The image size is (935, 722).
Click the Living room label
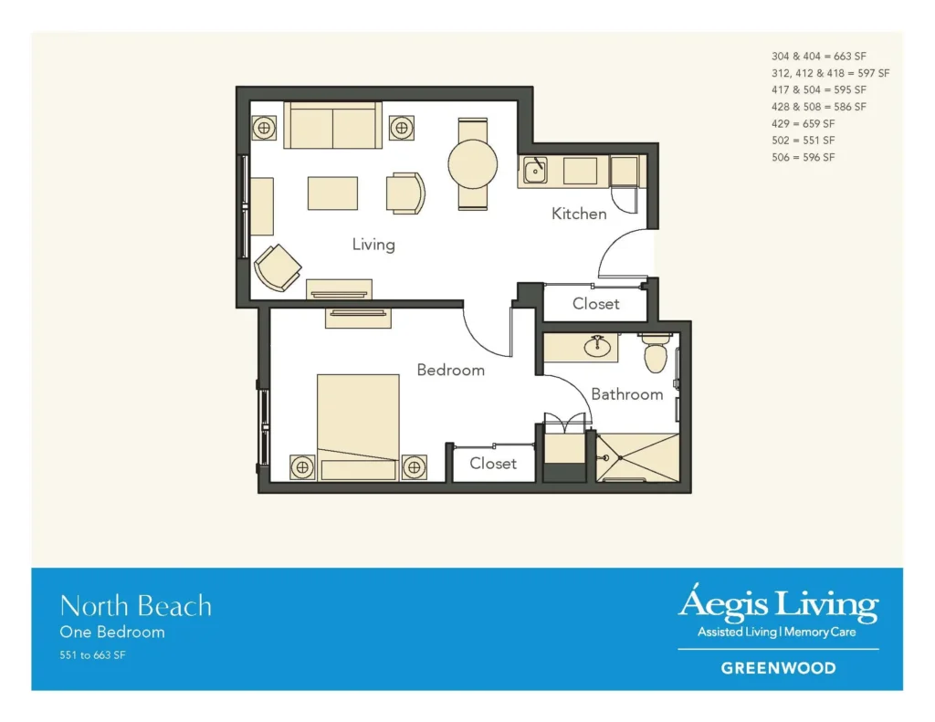(x=373, y=245)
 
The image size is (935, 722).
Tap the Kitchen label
(x=579, y=214)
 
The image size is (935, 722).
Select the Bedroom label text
(x=450, y=370)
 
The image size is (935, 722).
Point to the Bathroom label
(x=626, y=394)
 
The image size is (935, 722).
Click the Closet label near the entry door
(x=595, y=304)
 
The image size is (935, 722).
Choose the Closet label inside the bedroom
(x=493, y=464)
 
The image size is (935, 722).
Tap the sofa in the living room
(x=332, y=126)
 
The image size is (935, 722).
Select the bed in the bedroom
(x=358, y=425)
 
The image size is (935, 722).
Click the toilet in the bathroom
(x=656, y=355)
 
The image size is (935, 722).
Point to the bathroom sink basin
(x=598, y=347)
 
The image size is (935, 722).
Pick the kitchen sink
(x=534, y=171)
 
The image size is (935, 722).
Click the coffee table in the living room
(x=332, y=193)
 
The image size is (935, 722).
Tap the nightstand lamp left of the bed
(x=301, y=468)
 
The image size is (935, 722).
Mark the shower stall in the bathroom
(x=637, y=457)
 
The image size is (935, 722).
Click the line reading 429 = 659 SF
(x=804, y=123)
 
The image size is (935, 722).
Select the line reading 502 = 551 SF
(x=804, y=141)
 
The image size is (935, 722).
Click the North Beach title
(x=136, y=606)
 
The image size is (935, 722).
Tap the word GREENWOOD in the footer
(x=778, y=668)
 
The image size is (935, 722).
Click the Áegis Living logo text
(x=778, y=605)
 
